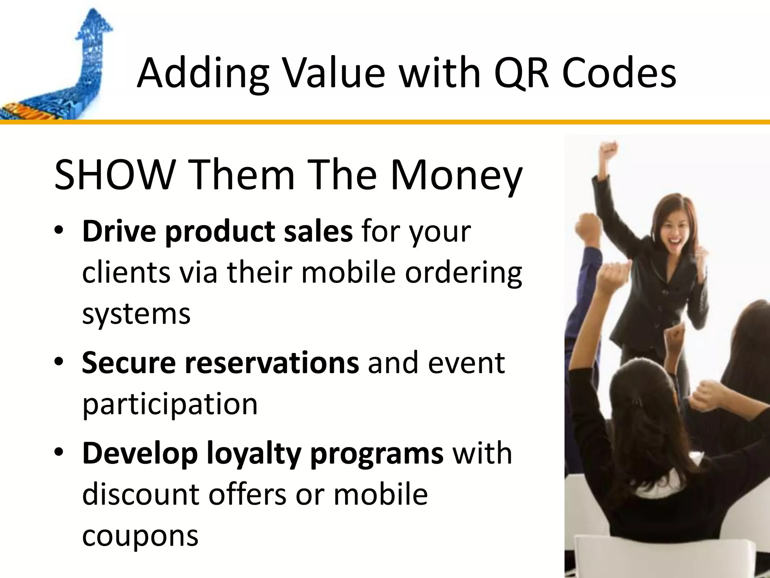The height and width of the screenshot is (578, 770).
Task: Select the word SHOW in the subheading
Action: [x=113, y=175]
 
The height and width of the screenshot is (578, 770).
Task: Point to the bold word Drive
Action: [x=119, y=231]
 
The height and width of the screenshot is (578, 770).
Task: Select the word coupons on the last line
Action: [x=140, y=536]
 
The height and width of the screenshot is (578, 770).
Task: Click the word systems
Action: [x=136, y=314]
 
